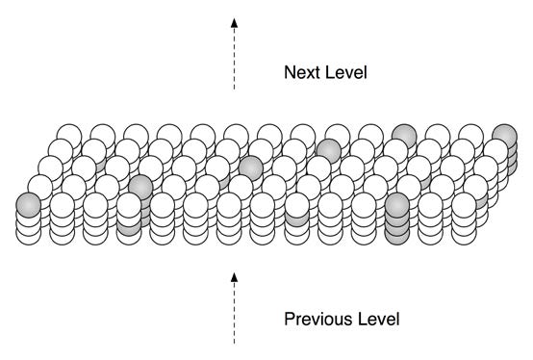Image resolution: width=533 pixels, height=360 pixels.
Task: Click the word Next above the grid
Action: tap(299, 72)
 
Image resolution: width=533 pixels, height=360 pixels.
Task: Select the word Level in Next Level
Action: tap(344, 72)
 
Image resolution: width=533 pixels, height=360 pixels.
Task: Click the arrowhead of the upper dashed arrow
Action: tap(234, 21)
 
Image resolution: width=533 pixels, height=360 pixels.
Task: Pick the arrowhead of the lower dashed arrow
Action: tap(234, 277)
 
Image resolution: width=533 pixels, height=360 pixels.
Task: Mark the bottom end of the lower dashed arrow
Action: tap(234, 343)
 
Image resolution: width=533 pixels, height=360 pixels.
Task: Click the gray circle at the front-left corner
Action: tap(29, 204)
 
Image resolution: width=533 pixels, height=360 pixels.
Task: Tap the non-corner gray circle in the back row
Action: tap(404, 136)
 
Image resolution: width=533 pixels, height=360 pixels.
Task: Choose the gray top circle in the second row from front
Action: tap(140, 187)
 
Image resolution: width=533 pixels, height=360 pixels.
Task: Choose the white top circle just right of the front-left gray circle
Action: tap(63, 205)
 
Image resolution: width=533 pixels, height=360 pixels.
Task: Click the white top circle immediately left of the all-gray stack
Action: tap(364, 205)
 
